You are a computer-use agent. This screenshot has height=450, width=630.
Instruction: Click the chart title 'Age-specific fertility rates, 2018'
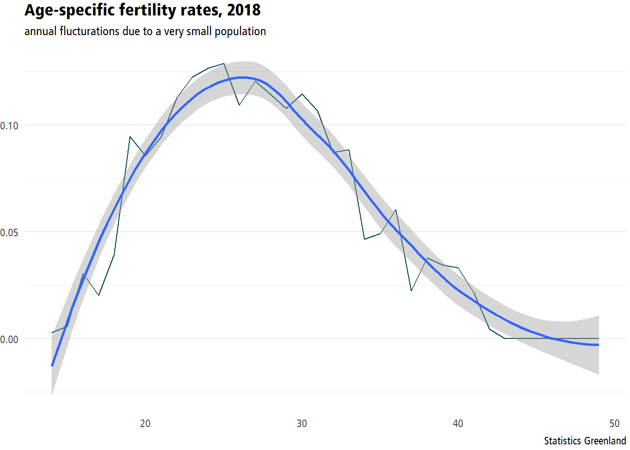142,11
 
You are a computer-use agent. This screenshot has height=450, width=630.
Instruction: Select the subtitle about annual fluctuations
145,31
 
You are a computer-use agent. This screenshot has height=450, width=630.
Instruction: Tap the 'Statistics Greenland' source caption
585,441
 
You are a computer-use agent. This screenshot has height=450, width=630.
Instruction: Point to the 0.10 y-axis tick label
9,126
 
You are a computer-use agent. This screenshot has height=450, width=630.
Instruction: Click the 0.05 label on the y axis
9,232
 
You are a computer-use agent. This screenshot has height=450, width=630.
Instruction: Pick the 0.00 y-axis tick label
9,339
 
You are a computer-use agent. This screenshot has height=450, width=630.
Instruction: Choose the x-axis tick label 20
145,423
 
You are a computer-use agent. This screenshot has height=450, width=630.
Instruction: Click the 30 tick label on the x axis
301,423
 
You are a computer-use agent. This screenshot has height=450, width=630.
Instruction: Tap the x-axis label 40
458,423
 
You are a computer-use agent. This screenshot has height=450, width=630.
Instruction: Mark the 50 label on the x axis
614,423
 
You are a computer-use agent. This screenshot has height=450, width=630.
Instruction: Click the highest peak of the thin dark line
224,64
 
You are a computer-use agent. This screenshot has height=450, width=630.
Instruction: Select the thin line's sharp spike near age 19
130,137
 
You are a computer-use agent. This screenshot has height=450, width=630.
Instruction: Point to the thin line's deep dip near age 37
411,290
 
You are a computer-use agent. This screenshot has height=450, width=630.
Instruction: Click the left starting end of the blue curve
52,366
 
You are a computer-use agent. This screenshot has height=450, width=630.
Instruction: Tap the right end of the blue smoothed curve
599,345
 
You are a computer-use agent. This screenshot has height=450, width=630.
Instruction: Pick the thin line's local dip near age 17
99,295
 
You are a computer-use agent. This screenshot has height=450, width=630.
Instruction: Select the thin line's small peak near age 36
396,210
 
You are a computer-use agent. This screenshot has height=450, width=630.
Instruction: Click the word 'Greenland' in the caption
605,441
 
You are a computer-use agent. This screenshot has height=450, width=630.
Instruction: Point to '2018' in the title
244,10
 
